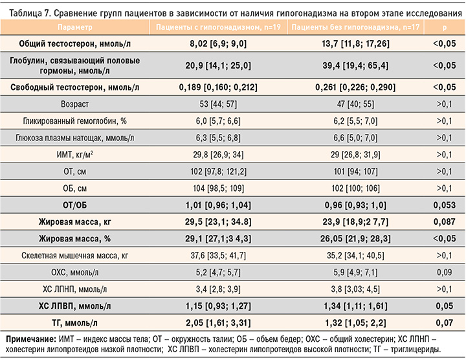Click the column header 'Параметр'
click(x=75, y=28)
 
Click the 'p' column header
click(x=445, y=28)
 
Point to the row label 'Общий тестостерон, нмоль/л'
click(x=75, y=43)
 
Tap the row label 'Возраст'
click(x=75, y=104)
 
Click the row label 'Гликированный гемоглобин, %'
click(x=75, y=120)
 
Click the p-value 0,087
click(x=445, y=222)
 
